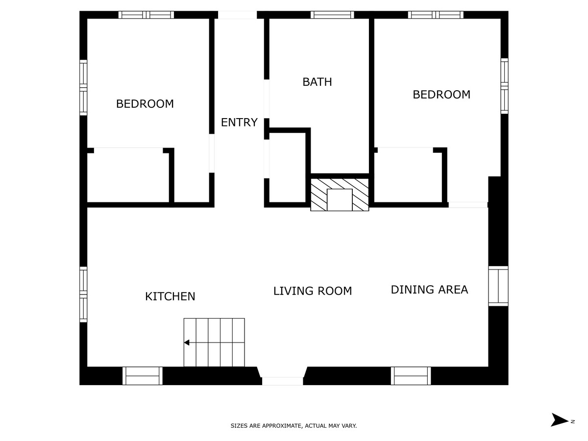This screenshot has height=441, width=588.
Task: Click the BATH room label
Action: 317,82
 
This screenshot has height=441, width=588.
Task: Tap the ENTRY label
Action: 239,122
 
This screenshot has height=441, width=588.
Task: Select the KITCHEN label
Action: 170,296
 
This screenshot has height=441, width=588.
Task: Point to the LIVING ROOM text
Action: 312,291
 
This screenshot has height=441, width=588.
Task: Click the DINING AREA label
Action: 429,290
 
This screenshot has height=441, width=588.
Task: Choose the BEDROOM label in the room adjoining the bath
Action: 441,95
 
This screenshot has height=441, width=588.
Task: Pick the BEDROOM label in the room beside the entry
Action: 145,104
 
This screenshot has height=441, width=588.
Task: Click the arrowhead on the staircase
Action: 187,343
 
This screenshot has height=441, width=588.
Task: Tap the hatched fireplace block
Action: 340,195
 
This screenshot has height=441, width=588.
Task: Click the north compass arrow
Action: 559,419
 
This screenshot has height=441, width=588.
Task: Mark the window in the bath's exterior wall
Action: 332,15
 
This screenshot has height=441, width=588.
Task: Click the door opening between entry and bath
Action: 267,99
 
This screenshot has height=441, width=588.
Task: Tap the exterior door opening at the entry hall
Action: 237,15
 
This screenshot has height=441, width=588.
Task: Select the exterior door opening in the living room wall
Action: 283,381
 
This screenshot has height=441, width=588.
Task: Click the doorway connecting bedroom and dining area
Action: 468,205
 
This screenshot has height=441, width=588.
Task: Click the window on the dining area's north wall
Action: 498,286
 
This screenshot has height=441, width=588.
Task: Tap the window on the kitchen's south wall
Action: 83,294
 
